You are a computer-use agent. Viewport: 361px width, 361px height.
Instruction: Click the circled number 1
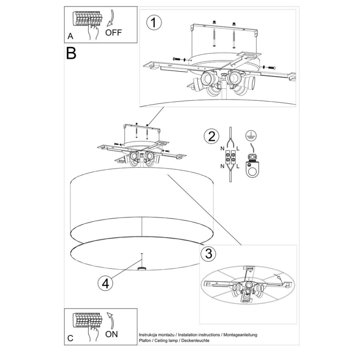[x=154, y=23]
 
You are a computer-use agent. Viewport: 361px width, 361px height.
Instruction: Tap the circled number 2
[x=211, y=136]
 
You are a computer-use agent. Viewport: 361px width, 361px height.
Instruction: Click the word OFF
[x=114, y=32]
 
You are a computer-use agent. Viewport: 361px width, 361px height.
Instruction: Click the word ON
[x=111, y=334]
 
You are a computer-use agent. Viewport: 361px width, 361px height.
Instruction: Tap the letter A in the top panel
[x=71, y=37]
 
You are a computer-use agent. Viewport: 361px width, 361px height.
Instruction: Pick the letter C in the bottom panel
[x=70, y=338]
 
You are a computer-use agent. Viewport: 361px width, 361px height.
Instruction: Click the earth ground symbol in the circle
[x=251, y=134]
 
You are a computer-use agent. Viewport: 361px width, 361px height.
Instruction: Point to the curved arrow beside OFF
[x=110, y=20]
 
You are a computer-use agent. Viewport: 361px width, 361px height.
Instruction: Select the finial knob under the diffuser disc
[x=142, y=269]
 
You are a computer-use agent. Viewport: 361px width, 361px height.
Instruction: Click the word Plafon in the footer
[x=145, y=341]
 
